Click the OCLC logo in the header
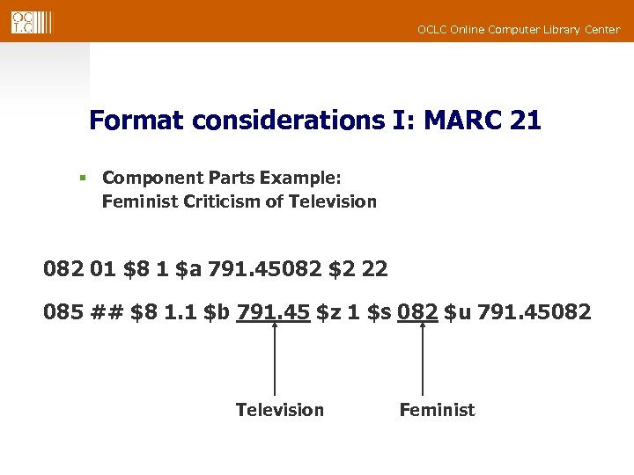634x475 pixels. [32, 22]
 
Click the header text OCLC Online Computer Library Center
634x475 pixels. [519, 30]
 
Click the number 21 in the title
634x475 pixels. [525, 120]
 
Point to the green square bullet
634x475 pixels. [82, 178]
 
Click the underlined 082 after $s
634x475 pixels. [417, 311]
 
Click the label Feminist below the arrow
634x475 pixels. [437, 410]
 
